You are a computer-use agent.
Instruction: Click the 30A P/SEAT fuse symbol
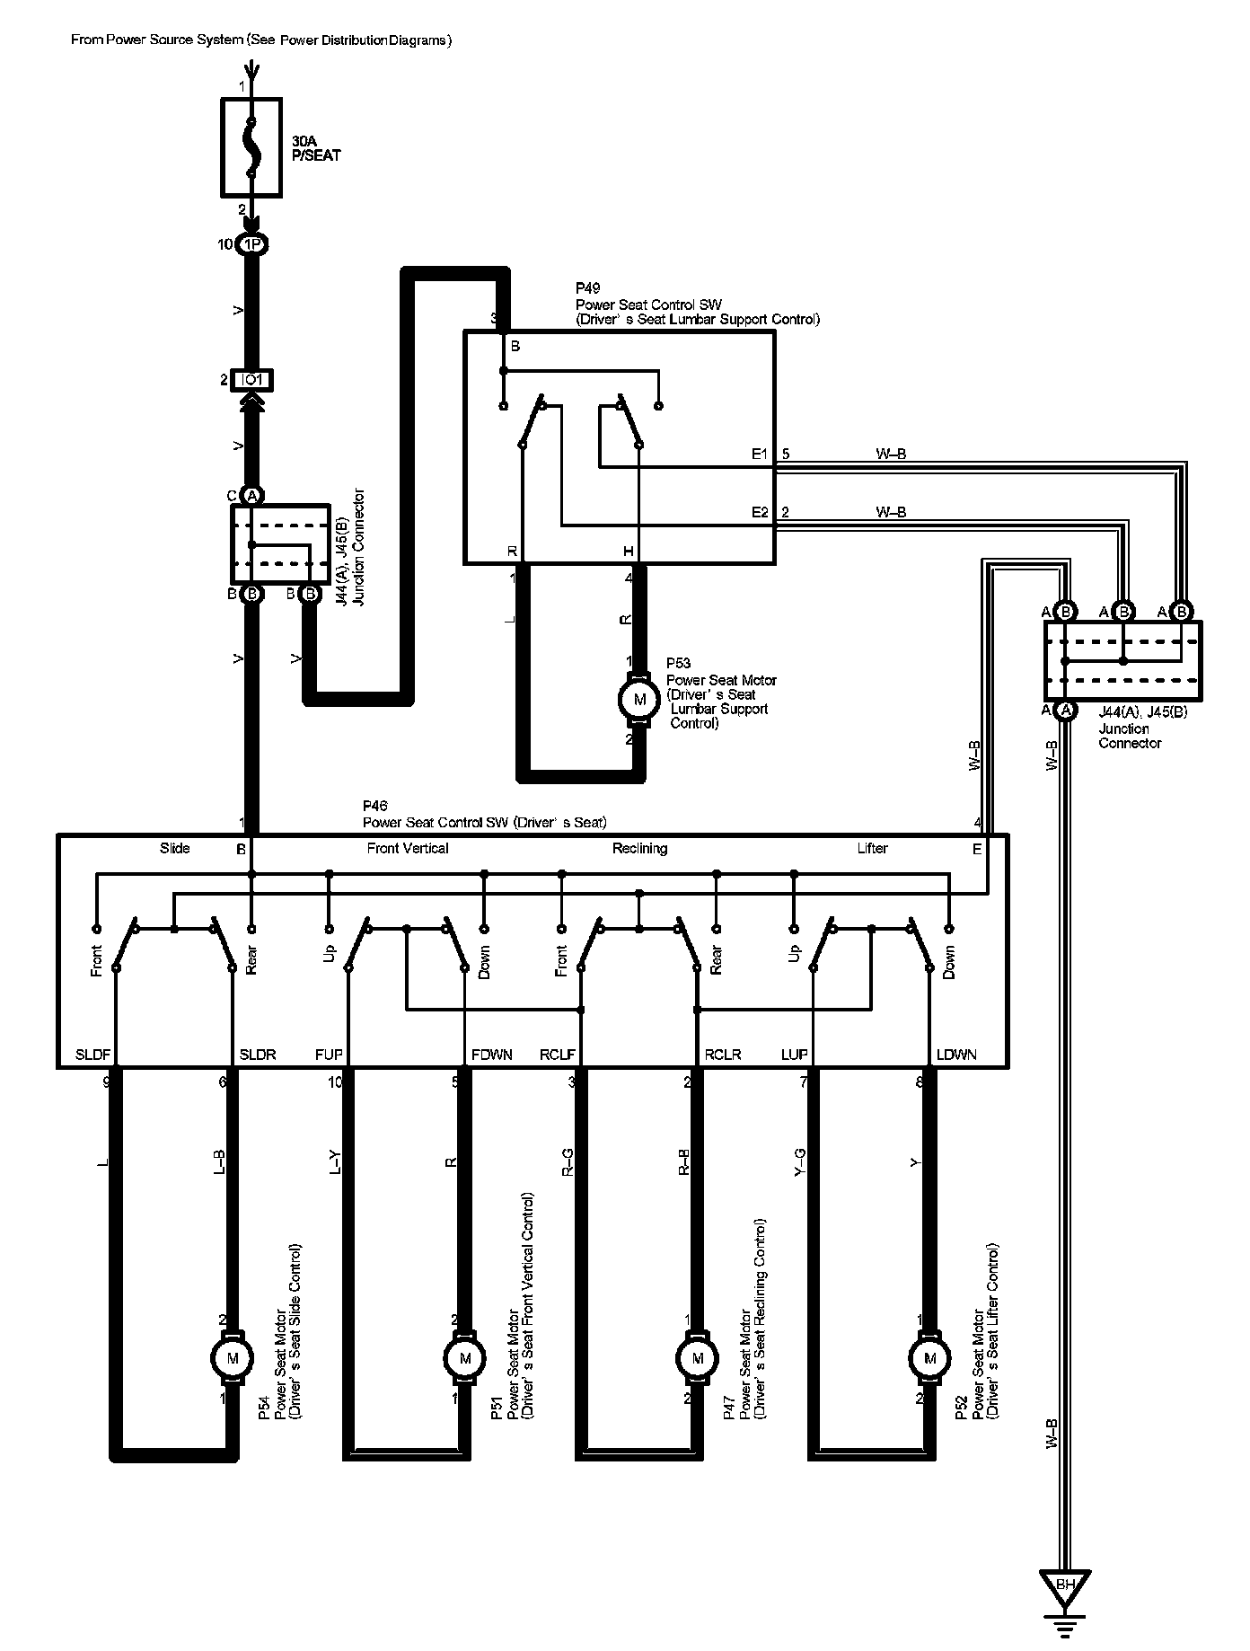coord(251,147)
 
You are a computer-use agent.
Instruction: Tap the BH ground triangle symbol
coord(1065,1585)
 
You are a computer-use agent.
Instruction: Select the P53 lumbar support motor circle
coord(639,699)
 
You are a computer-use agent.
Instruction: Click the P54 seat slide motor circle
coord(233,1357)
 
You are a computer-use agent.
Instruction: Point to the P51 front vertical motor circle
coord(464,1357)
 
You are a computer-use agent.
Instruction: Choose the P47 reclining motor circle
coord(697,1357)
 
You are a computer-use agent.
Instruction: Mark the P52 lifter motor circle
coord(929,1357)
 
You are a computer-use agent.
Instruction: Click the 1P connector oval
coord(252,244)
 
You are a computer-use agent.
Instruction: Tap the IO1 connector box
coord(252,380)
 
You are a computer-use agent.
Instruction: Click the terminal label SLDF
coord(92,1055)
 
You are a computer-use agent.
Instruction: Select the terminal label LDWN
coord(955,1055)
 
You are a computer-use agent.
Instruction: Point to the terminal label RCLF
coord(557,1055)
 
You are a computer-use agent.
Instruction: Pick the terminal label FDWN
coord(491,1055)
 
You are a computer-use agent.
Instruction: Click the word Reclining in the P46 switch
coord(639,848)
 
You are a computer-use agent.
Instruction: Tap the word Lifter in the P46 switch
coord(872,848)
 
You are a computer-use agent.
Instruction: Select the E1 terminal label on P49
coord(760,455)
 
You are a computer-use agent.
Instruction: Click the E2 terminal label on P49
coord(760,513)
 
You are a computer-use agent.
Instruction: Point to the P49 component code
coord(587,288)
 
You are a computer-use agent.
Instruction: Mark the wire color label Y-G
coord(800,1161)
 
